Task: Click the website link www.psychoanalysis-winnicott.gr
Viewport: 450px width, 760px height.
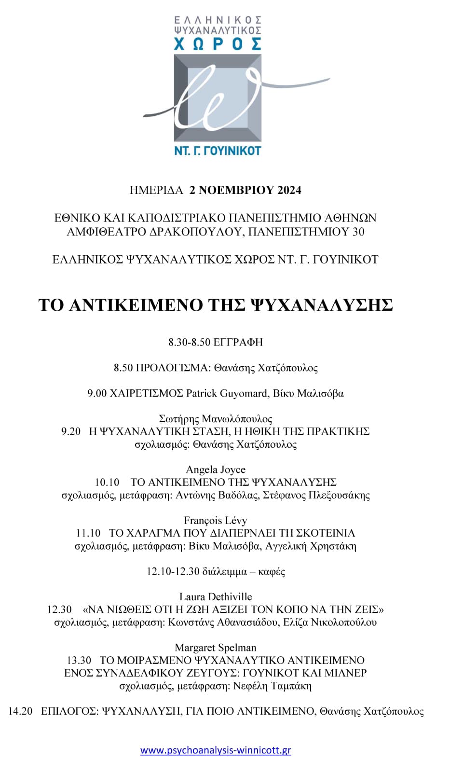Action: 216,750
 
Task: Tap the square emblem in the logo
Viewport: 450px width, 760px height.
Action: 218,97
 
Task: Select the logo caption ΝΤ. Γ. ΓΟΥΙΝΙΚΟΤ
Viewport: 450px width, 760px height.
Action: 217,151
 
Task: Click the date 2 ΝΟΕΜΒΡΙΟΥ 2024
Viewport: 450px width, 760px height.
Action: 245,190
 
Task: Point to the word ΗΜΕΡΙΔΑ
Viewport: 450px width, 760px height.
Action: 156,190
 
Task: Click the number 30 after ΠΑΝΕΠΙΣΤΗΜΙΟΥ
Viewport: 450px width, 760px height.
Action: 358,232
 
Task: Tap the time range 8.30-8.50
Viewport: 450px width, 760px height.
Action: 189,342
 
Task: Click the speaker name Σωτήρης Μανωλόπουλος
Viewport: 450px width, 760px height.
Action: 216,418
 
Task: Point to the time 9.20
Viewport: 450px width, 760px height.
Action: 71,431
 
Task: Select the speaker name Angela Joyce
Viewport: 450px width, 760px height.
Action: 216,470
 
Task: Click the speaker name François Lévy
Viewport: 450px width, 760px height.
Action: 216,520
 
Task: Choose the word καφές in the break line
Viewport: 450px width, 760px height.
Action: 272,571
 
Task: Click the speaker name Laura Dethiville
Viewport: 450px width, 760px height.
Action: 216,596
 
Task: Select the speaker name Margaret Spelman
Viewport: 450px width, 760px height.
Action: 216,648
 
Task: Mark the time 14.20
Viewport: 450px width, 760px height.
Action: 20,711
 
